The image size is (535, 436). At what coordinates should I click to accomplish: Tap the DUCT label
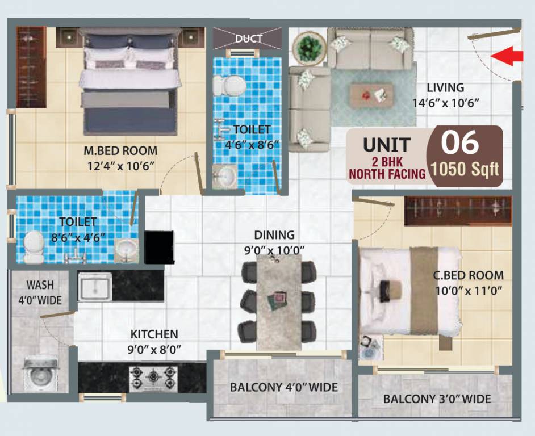coord(249,39)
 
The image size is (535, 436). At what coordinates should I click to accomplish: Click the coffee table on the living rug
coord(370,95)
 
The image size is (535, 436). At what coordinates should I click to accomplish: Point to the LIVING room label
coord(446,88)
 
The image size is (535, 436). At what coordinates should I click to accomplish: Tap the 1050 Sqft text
coord(465,169)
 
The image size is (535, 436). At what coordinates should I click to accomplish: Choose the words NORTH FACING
coord(387,174)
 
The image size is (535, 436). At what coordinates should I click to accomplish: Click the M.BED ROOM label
coord(120,151)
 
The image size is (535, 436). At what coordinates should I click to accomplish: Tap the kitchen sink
coord(95,287)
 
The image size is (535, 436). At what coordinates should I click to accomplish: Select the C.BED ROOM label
coord(468,276)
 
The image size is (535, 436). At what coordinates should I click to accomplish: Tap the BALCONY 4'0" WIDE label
coord(283,388)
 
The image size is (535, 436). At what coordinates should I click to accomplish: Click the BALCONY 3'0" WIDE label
coord(437,399)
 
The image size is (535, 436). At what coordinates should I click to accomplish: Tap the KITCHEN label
coord(154,334)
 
